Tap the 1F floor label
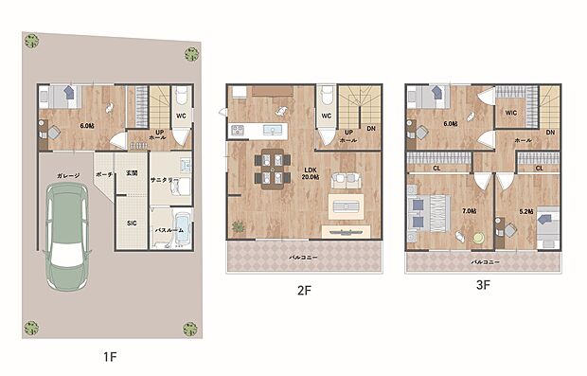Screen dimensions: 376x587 coord(110,357)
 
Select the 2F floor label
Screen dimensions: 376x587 coord(304,291)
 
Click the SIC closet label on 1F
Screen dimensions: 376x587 coord(132,223)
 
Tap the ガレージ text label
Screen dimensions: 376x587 coord(66,175)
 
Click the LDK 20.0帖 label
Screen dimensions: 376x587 coord(310,173)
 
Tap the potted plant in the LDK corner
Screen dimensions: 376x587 coord(236,225)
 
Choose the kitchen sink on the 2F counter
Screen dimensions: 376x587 coord(276,129)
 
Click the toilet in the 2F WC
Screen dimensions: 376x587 coord(326,98)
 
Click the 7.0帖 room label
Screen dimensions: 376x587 coord(467,211)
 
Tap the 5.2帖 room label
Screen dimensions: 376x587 coord(527,211)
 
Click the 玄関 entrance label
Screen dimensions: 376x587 coord(132,174)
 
